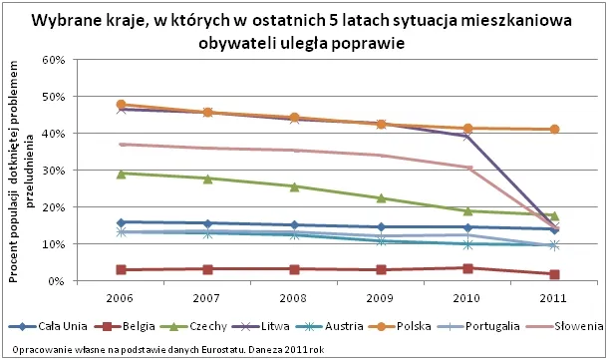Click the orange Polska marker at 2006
[x=122, y=105]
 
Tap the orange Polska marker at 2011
[x=554, y=130]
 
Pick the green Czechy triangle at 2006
[x=122, y=174]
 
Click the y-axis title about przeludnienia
[x=22, y=170]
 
